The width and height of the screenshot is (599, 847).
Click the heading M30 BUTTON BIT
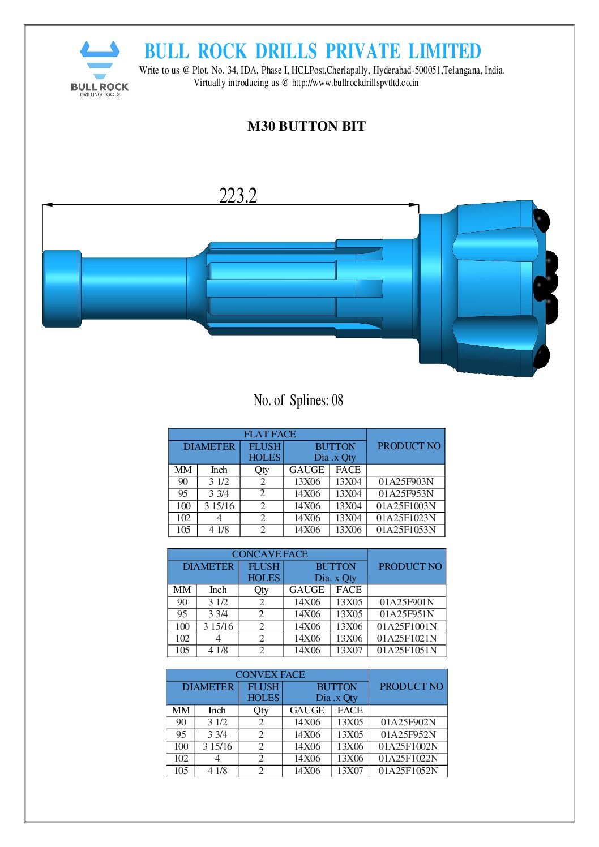[306, 126]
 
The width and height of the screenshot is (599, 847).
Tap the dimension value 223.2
[238, 196]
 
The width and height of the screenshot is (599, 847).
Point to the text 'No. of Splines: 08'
[298, 401]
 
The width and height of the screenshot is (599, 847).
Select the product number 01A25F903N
[406, 482]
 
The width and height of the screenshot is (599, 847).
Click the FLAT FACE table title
[269, 435]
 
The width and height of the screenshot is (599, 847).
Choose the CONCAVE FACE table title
[269, 554]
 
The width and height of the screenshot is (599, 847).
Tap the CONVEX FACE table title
[269, 674]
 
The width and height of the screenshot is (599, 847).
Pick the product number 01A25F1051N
[407, 651]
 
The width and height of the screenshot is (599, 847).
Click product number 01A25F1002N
[408, 747]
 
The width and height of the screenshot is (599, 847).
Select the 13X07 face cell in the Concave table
[349, 651]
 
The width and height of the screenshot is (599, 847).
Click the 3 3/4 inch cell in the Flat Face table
[219, 494]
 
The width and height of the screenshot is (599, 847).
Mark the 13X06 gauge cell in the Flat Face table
[307, 482]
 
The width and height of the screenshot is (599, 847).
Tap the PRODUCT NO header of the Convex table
[411, 686]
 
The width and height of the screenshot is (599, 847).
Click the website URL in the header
[355, 83]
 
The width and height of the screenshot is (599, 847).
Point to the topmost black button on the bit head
[542, 220]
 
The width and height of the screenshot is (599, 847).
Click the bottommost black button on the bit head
[542, 356]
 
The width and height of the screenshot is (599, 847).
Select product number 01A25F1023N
[406, 518]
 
